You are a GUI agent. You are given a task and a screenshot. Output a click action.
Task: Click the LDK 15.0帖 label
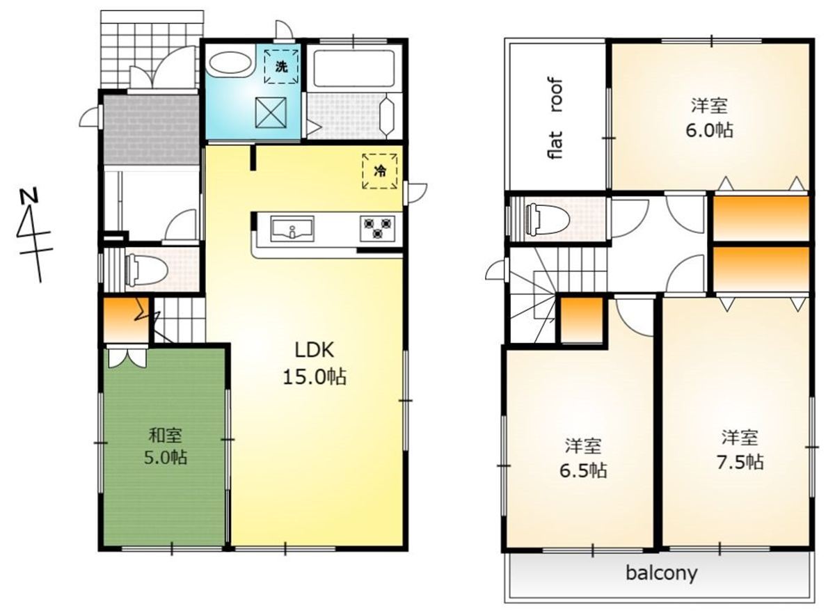(x=315, y=363)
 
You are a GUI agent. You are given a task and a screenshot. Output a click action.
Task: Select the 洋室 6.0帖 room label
(x=709, y=118)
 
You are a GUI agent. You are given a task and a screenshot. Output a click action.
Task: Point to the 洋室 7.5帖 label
(x=740, y=449)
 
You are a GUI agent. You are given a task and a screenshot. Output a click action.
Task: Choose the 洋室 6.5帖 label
(x=583, y=459)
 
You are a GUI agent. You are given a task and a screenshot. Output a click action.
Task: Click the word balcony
(x=662, y=573)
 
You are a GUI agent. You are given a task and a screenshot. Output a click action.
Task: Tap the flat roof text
(x=555, y=118)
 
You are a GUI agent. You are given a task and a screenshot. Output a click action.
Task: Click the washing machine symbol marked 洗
(x=281, y=67)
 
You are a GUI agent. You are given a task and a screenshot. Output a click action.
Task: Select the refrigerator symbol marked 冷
(x=380, y=171)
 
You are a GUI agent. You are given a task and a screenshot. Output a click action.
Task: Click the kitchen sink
(x=292, y=229)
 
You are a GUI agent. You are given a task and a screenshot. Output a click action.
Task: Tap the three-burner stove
(x=378, y=228)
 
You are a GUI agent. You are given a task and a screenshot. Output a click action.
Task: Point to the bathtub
(x=354, y=69)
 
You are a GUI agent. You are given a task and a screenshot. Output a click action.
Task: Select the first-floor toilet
(x=146, y=270)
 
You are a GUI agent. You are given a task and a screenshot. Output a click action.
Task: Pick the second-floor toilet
(x=547, y=219)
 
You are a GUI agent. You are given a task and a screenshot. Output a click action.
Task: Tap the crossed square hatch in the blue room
(x=271, y=113)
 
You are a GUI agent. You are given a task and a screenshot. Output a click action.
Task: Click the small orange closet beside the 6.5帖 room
(x=582, y=320)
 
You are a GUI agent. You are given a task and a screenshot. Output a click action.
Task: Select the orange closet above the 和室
(x=126, y=320)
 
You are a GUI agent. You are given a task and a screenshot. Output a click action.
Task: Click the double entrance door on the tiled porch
(x=163, y=69)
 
